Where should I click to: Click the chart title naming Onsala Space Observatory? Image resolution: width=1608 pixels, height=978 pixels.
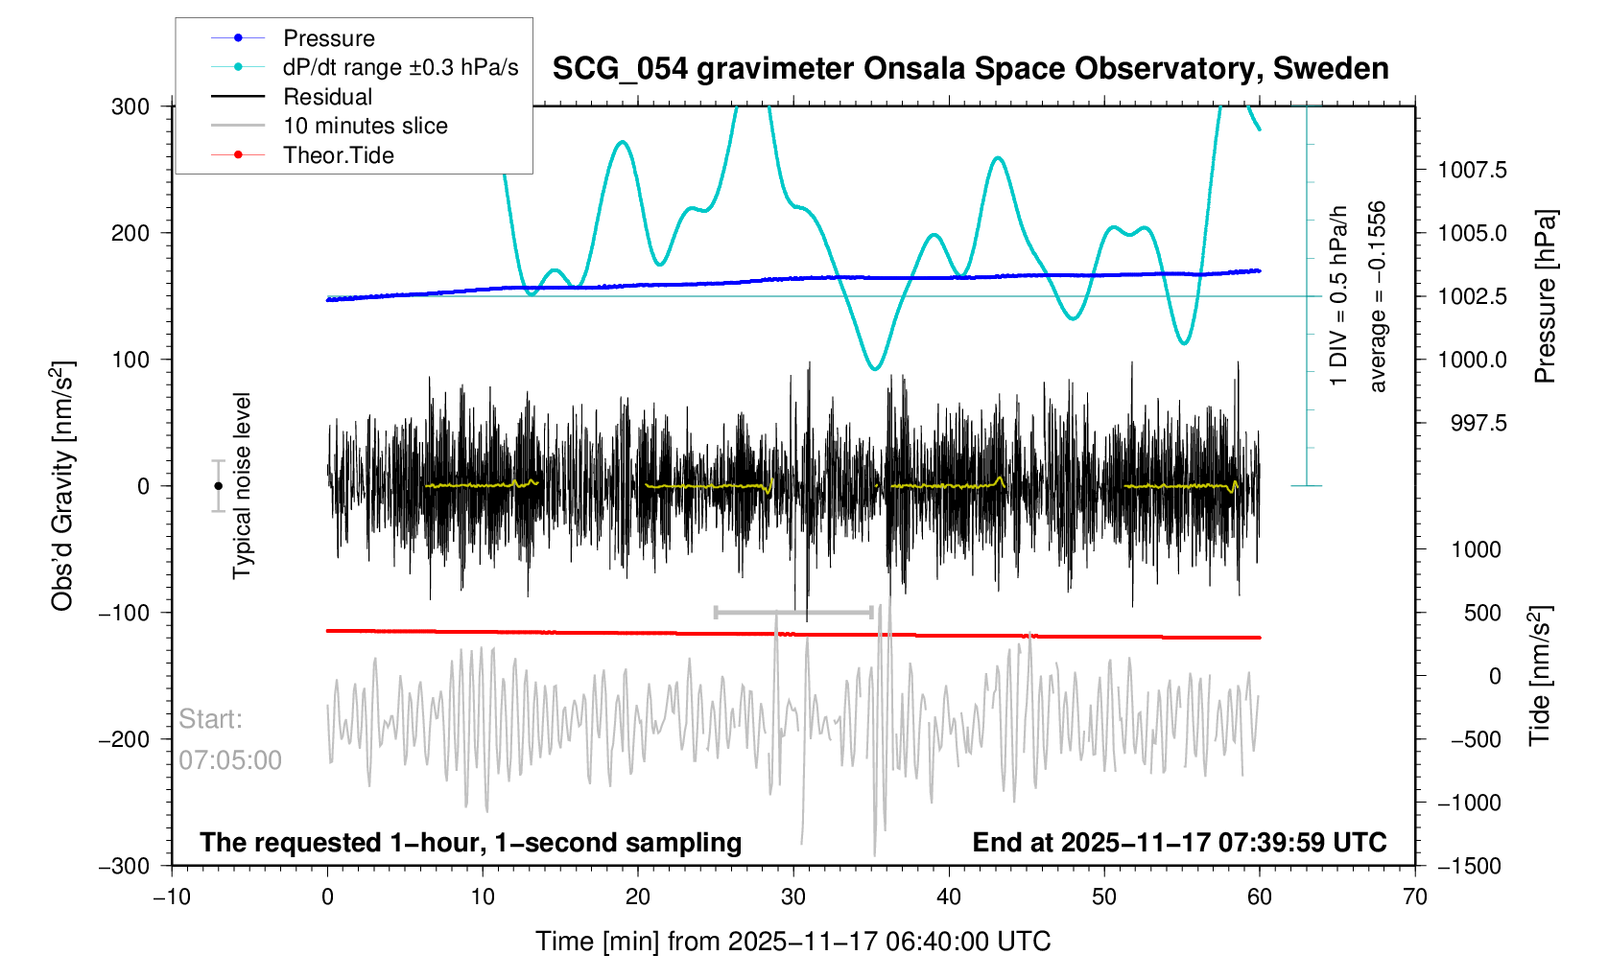point(970,69)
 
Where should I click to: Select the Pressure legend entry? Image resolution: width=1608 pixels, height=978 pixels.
point(328,38)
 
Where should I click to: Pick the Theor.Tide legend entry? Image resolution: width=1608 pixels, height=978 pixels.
point(338,155)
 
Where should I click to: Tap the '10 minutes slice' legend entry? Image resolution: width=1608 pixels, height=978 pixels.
point(365,126)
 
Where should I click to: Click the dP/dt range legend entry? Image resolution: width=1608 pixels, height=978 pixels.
point(400,67)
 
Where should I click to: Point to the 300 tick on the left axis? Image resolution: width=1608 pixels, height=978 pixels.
point(130,106)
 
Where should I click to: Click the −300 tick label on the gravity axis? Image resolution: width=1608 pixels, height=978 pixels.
point(125,866)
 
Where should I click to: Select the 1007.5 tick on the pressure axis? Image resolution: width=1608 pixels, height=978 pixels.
point(1472,171)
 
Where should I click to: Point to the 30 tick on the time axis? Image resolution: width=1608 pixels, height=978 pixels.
point(793,896)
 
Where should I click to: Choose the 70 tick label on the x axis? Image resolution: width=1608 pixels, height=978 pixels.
point(1414,896)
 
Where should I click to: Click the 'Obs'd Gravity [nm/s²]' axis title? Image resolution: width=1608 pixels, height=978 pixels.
point(62,486)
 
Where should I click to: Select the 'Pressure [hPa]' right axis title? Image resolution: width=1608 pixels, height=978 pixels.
point(1544,296)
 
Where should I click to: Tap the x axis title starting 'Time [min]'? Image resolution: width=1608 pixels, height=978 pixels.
point(792,942)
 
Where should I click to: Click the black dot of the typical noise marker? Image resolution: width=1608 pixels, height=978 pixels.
point(219,486)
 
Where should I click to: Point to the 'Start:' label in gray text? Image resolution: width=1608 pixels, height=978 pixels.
point(210,719)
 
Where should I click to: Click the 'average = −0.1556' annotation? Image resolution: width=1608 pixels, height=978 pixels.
point(1378,296)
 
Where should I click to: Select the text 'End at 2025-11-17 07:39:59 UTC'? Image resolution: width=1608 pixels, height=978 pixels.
point(1179,843)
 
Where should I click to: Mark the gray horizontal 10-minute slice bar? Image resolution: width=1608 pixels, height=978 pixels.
point(793,612)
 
